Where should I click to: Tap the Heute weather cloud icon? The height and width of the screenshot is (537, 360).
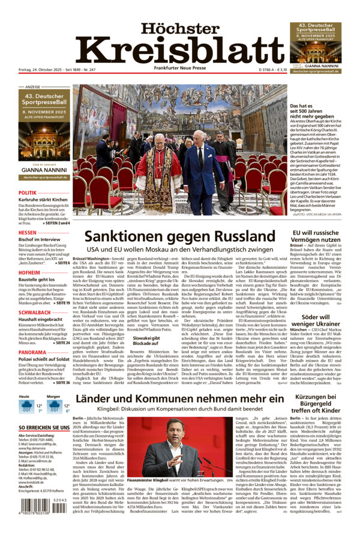point(26,407)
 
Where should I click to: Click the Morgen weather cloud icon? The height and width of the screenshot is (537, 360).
point(55,407)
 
